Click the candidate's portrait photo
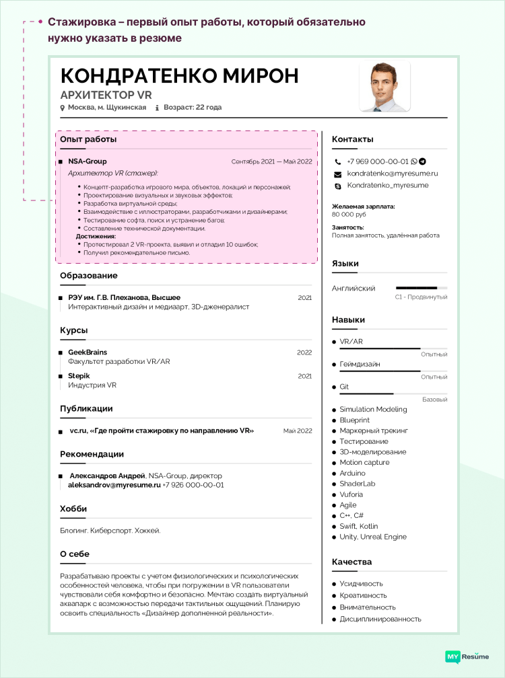pyautogui.click(x=384, y=87)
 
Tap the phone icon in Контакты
pyautogui.click(x=338, y=162)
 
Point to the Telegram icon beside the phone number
pyautogui.click(x=422, y=161)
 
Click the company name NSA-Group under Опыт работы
pyautogui.click(x=87, y=161)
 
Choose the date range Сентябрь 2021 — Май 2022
pyautogui.click(x=271, y=161)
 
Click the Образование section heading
pyautogui.click(x=89, y=275)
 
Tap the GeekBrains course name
pyautogui.click(x=88, y=352)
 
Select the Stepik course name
pyautogui.click(x=79, y=376)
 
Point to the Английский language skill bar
pyautogui.click(x=422, y=288)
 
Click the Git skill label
pyautogui.click(x=344, y=387)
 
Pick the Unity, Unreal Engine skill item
pyautogui.click(x=373, y=537)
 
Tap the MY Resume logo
pyautogui.click(x=467, y=656)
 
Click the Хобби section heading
pyautogui.click(x=73, y=508)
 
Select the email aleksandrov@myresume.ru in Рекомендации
pyautogui.click(x=114, y=484)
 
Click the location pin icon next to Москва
pyautogui.click(x=63, y=108)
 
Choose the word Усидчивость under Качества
pyautogui.click(x=361, y=584)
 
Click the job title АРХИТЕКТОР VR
pyautogui.click(x=106, y=95)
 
